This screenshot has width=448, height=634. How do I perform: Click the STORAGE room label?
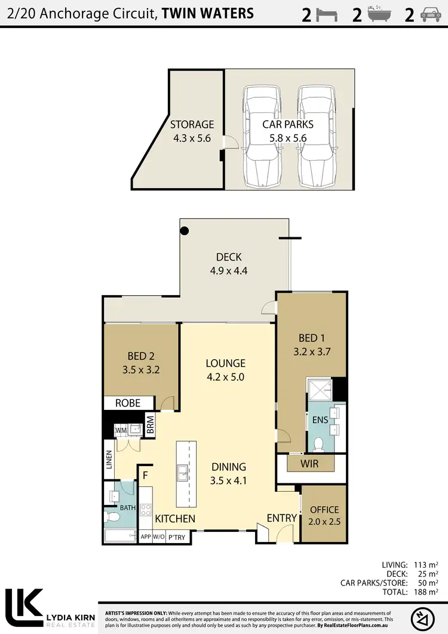[192, 125]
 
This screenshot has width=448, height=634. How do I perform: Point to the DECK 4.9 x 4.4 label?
[228, 264]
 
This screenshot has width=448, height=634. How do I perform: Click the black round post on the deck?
[185, 230]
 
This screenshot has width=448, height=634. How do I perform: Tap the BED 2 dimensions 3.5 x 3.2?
[141, 369]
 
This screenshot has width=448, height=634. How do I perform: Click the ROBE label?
[128, 403]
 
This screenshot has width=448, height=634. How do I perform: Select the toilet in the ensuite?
[319, 443]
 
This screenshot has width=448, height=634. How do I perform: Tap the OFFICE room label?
[324, 510]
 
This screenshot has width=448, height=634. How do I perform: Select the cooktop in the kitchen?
[145, 510]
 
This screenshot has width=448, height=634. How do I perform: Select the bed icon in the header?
[326, 15]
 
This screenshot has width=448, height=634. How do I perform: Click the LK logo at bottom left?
[24, 607]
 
